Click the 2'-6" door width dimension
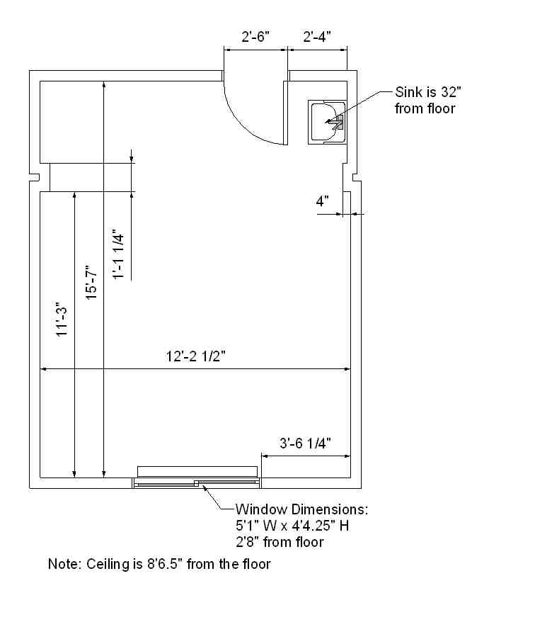pyautogui.click(x=255, y=37)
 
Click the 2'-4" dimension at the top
pyautogui.click(x=317, y=37)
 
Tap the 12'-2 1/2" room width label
pyautogui.click(x=196, y=356)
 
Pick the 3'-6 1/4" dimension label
pyautogui.click(x=305, y=444)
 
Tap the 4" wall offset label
pyautogui.click(x=322, y=201)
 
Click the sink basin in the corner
pyautogui.click(x=328, y=122)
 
